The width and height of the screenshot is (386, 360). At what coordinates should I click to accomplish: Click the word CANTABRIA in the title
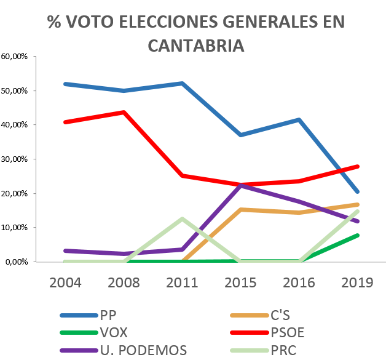196,46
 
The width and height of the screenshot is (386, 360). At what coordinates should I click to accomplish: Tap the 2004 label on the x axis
65,282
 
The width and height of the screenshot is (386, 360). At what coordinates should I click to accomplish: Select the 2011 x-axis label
182,282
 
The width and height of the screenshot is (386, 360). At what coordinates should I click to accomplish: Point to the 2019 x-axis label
357,282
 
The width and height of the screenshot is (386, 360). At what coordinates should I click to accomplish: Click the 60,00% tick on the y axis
14,57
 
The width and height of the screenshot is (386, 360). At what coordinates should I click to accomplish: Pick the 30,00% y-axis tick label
14,159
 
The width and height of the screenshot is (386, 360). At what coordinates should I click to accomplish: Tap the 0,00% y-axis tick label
17,262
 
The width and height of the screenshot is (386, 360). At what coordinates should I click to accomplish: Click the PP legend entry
88,315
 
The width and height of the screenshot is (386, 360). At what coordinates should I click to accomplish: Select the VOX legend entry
94,333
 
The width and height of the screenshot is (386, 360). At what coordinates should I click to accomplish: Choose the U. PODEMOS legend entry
124,350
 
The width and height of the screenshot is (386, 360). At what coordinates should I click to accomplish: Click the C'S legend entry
260,315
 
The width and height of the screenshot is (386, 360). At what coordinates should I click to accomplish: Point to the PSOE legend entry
267,333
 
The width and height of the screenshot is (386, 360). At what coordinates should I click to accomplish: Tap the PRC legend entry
263,350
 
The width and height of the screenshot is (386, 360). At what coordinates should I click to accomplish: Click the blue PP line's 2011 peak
182,83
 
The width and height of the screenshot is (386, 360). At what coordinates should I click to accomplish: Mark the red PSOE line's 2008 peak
124,113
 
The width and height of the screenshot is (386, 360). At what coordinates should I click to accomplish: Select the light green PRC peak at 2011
182,218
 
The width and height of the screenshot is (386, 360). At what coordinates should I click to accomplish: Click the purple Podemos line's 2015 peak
241,185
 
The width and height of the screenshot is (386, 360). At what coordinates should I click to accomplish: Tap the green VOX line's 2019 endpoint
358,236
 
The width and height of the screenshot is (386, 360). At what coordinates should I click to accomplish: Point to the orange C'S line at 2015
241,210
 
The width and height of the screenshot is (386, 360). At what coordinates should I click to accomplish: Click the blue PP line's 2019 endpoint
358,192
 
